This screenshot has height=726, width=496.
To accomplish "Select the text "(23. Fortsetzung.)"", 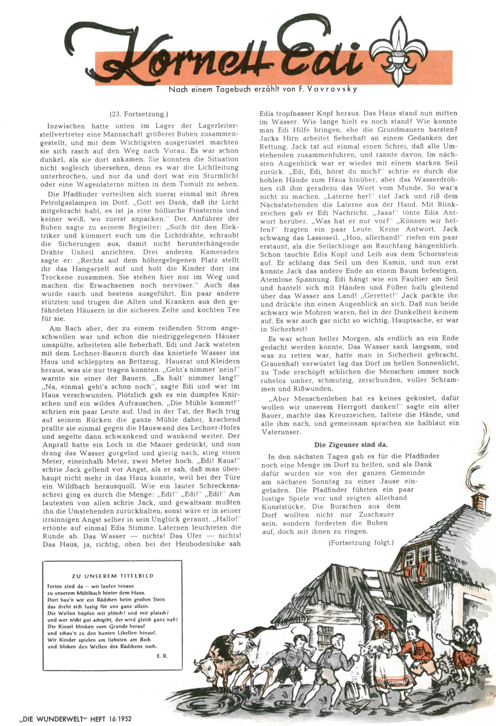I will click(x=139, y=114).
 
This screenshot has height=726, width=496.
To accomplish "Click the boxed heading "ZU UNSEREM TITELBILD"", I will click(x=112, y=576).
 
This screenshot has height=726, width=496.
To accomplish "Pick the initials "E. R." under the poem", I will click(x=162, y=656).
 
